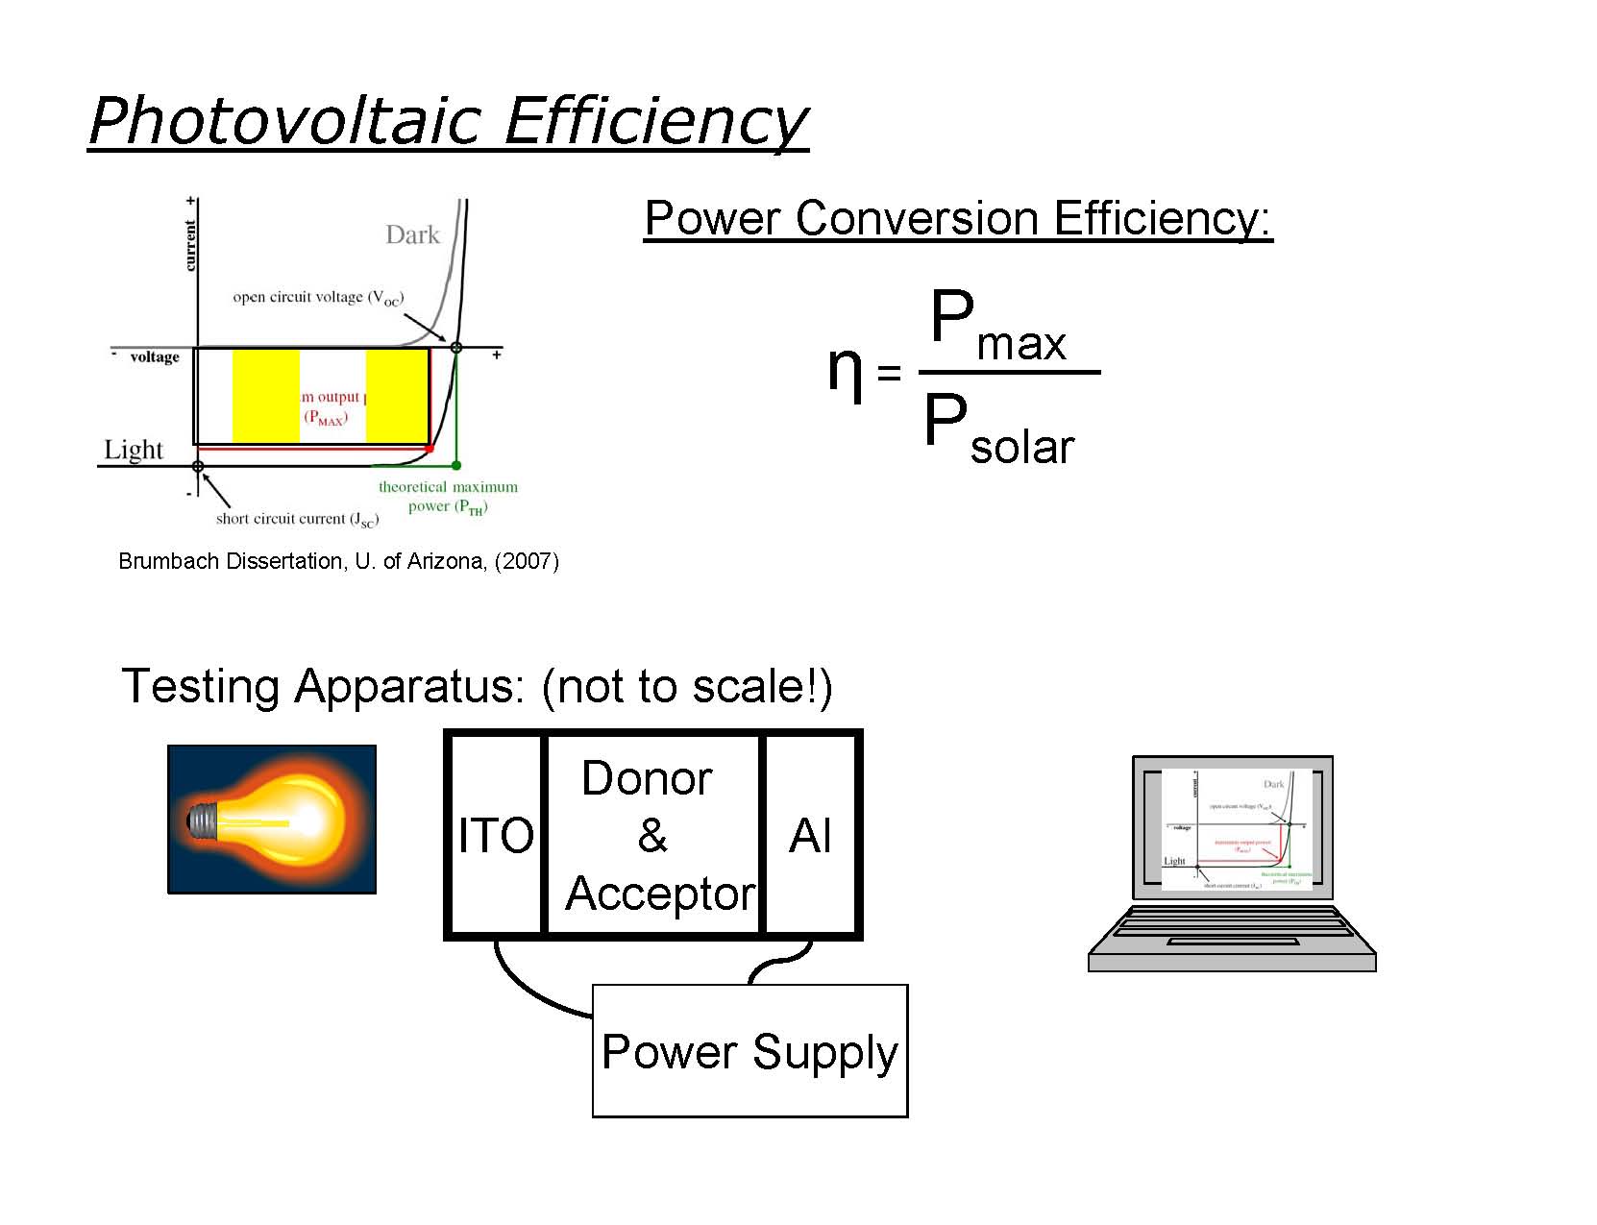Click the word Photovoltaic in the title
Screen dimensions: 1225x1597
283,122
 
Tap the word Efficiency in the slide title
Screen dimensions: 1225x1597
655,122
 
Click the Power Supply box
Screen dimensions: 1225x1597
749,1050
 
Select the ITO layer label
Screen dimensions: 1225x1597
496,835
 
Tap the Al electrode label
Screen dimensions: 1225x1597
810,835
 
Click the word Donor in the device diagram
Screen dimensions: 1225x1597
647,778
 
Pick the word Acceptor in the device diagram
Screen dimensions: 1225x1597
660,894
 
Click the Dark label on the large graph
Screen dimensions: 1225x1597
412,234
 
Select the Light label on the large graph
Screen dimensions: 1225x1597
134,450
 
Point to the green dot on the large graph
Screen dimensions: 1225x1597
456,466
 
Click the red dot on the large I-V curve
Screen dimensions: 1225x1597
430,449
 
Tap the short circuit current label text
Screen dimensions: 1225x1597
297,519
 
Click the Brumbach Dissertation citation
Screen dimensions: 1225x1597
338,561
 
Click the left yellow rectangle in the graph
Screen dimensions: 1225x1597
266,396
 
